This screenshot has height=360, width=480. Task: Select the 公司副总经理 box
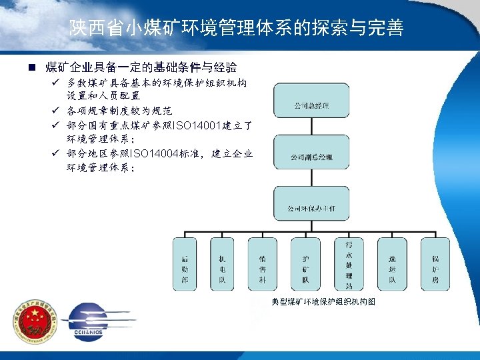pos(311,157)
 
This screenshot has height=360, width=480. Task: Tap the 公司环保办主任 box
pos(311,208)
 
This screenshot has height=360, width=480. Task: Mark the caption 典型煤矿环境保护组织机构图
pos(323,301)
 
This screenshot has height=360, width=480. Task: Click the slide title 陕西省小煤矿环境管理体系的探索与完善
pos(237,28)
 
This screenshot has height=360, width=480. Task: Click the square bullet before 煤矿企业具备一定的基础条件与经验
pos(31,68)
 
